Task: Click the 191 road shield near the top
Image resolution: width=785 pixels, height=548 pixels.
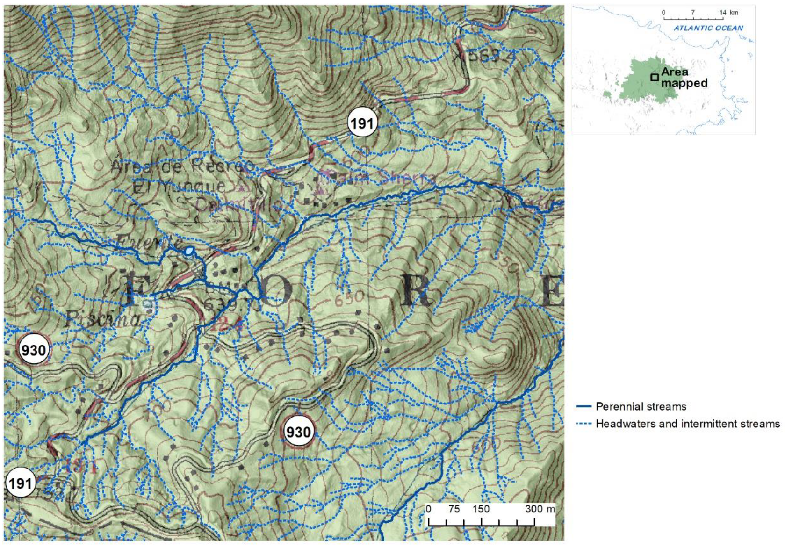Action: pos(362,123)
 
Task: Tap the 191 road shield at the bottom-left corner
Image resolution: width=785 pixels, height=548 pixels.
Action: pos(20,483)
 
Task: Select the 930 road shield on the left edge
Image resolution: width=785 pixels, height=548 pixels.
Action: pos(34,350)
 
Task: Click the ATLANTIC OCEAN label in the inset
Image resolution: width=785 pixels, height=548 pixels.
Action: pos(708,28)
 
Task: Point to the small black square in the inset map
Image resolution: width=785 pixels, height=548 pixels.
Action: pos(655,77)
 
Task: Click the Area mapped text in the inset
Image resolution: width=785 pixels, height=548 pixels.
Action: pos(684,78)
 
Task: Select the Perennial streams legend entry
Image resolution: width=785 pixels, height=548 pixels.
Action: pos(641,406)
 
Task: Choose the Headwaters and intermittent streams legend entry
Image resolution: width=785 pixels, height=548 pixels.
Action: pos(687,424)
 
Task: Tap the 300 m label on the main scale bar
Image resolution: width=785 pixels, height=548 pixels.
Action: pos(540,509)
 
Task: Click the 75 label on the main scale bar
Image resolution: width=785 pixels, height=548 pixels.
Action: pos(454,509)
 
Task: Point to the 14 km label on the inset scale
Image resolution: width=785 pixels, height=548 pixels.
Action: pos(728,13)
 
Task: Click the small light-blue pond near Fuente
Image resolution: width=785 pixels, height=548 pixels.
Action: pos(188,252)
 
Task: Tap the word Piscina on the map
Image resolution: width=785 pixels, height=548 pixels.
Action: pos(102,319)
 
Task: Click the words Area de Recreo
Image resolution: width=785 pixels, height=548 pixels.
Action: pos(182,166)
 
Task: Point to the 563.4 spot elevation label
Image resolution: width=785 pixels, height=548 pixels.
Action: pos(486,56)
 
